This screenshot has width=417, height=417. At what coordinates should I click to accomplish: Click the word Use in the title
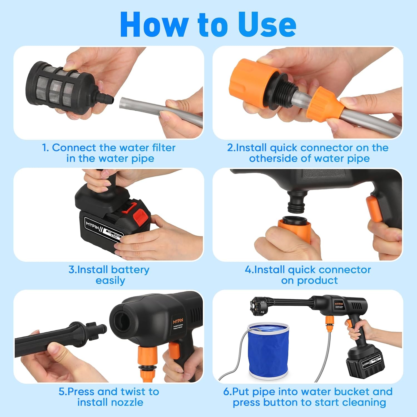(x=267, y=25)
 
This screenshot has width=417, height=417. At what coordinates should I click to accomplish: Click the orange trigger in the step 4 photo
(x=374, y=209)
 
